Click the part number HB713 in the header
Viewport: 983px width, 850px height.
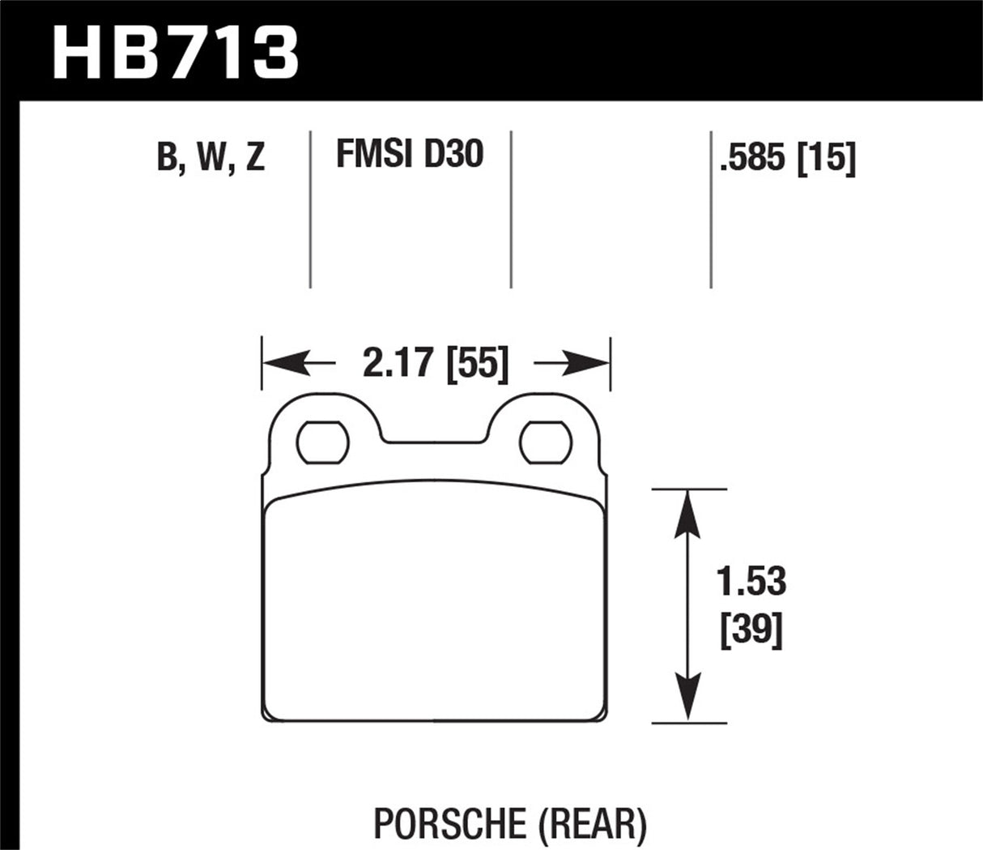[175, 50]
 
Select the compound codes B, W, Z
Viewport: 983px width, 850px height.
[211, 157]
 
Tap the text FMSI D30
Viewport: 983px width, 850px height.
[409, 153]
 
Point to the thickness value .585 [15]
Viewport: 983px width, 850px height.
[786, 158]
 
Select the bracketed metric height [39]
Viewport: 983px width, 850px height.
[752, 629]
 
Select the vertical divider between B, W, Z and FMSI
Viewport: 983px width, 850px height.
[311, 209]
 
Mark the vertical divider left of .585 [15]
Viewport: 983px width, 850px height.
[711, 209]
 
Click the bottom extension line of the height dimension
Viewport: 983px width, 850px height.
[688, 722]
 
